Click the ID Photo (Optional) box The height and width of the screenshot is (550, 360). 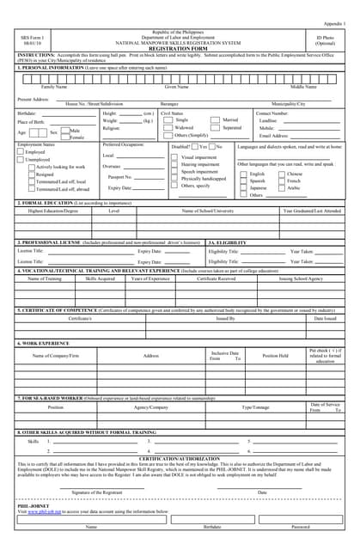coord(326,40)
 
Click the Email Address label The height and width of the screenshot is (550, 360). coord(274,135)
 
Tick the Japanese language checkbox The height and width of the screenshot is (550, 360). coord(244,187)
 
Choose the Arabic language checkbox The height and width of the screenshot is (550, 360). coord(281,187)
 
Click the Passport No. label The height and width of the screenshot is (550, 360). coord(119,176)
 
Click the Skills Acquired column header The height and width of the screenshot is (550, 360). coord(101,278)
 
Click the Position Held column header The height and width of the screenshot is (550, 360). coord(275,355)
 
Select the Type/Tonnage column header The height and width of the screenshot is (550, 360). coord(255,407)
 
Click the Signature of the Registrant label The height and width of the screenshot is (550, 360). coord(96,492)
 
